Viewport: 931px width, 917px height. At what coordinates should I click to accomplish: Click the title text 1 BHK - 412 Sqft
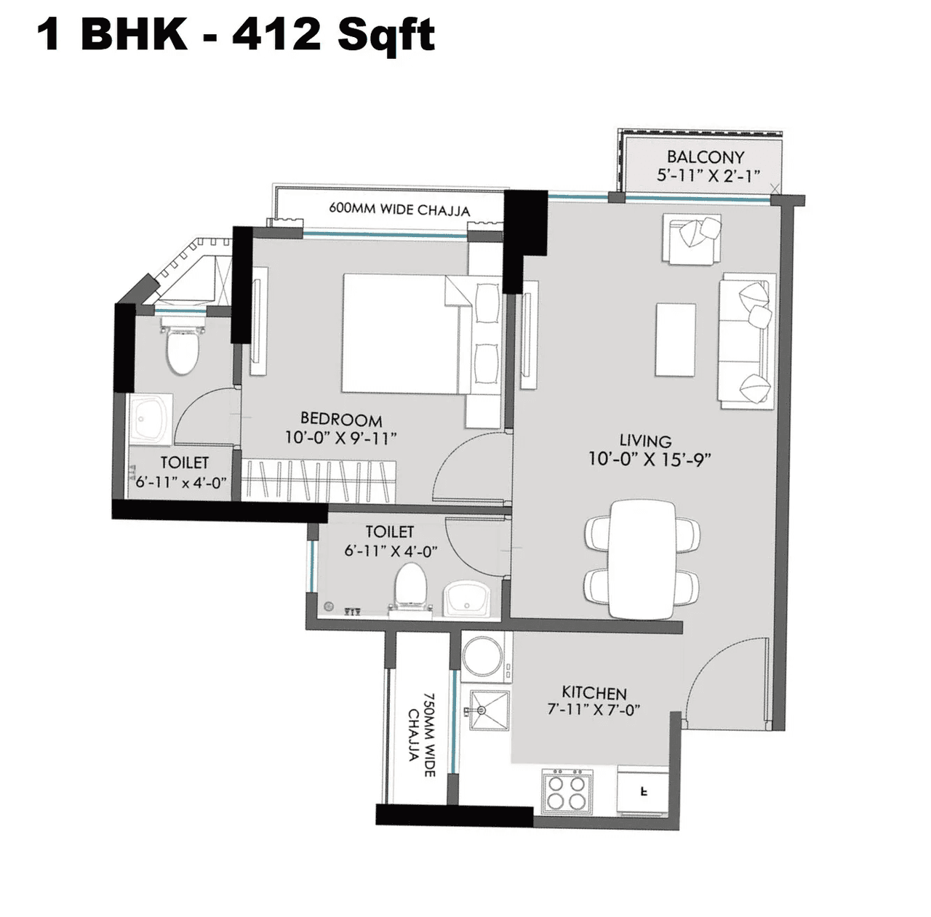[x=236, y=34]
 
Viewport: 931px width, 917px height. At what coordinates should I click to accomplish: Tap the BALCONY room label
[x=705, y=157]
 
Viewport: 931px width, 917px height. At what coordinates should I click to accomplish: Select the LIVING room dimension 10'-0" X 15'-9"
[x=649, y=460]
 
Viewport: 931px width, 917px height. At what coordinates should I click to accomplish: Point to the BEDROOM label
[x=341, y=420]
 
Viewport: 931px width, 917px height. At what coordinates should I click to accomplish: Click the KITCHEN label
[x=594, y=692]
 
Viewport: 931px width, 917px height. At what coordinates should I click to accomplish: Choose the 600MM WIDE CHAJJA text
[x=399, y=209]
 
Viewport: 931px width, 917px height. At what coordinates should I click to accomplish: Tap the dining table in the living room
[x=642, y=558]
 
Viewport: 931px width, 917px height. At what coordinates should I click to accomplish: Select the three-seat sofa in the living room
[x=746, y=341]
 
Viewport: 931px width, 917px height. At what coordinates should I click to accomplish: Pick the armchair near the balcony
[x=692, y=237]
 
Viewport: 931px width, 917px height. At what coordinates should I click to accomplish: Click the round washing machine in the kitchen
[x=482, y=656]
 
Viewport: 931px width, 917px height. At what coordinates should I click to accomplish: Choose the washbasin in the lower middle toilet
[x=468, y=600]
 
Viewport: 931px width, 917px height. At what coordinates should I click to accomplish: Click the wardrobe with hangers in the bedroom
[x=319, y=481]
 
